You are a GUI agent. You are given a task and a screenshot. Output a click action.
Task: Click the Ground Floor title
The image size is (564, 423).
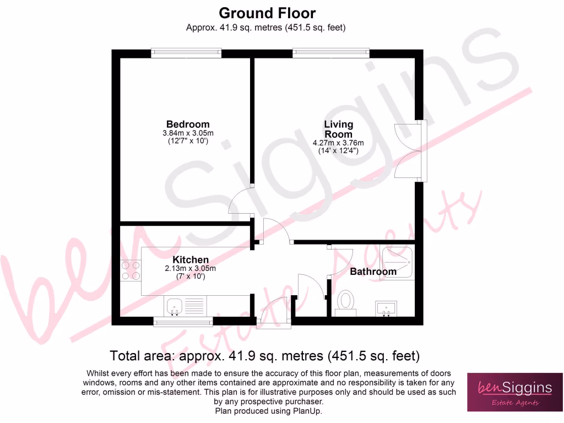click(267, 13)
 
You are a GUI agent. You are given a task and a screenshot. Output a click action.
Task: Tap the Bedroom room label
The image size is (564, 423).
click(188, 124)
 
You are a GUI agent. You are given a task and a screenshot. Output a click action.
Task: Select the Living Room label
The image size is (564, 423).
click(338, 129)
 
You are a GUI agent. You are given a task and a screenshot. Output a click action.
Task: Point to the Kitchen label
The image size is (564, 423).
click(191, 260)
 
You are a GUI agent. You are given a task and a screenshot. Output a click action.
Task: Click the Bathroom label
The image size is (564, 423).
click(373, 272)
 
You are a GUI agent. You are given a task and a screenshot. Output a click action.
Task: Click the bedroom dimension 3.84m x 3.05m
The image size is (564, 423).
click(188, 133)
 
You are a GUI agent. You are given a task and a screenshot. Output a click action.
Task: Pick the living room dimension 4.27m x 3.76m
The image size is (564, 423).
click(338, 143)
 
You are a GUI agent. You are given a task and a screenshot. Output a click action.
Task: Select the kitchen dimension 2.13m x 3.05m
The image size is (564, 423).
click(191, 269)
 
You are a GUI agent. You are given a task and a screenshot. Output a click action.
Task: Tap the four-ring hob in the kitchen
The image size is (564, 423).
click(131, 270)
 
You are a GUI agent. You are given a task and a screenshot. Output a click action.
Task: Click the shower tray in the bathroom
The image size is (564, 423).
click(397, 262)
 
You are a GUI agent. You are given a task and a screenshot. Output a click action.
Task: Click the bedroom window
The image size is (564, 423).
click(187, 53)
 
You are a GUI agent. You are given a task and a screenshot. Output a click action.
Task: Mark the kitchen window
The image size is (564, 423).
click(182, 321)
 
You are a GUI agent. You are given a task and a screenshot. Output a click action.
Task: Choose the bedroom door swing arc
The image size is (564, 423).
click(240, 202)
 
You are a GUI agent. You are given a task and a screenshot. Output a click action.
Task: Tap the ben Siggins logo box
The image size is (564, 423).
click(514, 392)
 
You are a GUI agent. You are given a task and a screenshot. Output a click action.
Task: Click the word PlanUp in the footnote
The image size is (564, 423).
click(307, 411)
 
